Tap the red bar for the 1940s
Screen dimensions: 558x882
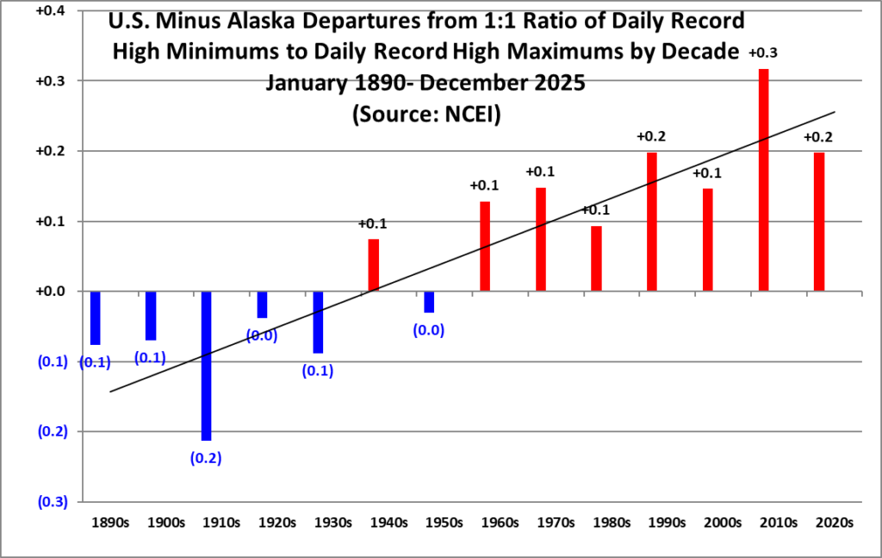374,265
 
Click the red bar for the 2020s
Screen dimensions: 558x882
819,222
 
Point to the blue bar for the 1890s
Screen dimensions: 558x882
95,317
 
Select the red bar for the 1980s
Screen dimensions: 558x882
596,259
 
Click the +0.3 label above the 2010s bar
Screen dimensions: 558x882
763,53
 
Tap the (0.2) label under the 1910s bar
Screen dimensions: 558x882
206,457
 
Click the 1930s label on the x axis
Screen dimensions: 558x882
332,523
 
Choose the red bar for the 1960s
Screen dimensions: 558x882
485,246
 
